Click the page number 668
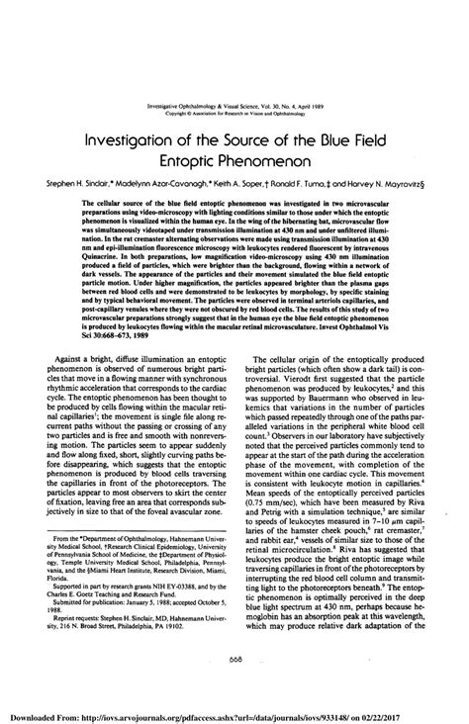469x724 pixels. [235, 662]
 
